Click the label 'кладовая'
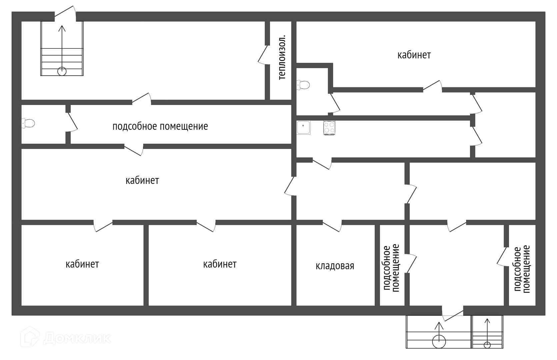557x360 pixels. (335, 266)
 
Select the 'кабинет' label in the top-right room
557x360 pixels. (414, 55)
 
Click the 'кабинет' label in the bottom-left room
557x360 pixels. (82, 264)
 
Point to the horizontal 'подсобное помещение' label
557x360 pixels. (160, 127)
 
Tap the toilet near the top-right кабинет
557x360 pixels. (303, 85)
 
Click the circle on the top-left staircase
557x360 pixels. (62, 71)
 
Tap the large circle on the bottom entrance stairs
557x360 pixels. (439, 341)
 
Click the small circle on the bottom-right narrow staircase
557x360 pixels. (487, 345)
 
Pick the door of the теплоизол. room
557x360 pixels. (263, 55)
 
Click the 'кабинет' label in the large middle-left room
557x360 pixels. (142, 181)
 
